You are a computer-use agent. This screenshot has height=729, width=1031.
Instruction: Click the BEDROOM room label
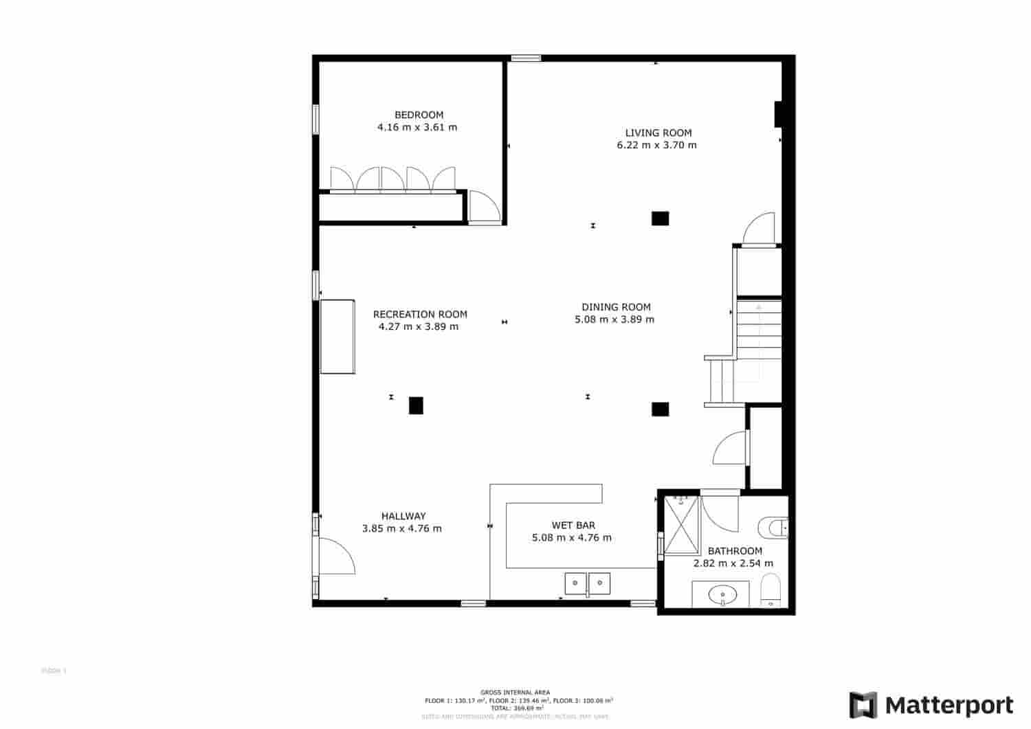tap(419, 115)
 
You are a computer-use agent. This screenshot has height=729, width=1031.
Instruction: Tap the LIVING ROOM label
tap(658, 133)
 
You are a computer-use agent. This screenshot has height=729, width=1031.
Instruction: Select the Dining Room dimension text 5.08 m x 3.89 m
tap(614, 319)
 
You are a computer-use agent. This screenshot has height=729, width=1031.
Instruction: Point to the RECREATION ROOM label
tap(420, 314)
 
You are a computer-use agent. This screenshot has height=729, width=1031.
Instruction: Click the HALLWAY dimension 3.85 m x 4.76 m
tap(401, 528)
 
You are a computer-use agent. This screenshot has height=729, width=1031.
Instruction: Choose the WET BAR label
tap(573, 525)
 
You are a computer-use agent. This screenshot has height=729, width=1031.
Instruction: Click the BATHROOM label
tap(734, 550)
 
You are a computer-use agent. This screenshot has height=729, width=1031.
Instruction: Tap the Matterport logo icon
tap(863, 705)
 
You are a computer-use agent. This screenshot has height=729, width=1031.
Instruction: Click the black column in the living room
tap(660, 218)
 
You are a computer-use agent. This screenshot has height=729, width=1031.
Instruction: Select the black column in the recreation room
tap(416, 405)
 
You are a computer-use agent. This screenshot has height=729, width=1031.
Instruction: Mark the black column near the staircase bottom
tap(660, 410)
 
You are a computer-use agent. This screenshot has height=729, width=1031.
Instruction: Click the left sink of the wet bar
tap(575, 583)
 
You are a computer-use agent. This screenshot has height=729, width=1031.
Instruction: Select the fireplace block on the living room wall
tap(779, 114)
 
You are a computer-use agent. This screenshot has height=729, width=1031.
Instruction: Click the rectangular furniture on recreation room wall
tap(337, 337)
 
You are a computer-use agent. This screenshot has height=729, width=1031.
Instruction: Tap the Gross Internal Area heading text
tap(515, 693)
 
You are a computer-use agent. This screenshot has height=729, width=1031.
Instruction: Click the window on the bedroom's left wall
tap(316, 119)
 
